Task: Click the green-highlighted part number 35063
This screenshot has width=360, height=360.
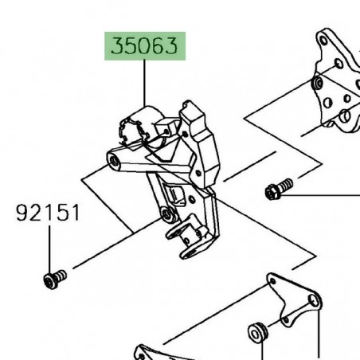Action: [x=144, y=48]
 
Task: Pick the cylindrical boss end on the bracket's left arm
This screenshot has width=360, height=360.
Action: [x=115, y=162]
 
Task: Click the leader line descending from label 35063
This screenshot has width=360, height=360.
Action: [x=144, y=84]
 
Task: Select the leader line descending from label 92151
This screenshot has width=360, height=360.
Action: [x=49, y=247]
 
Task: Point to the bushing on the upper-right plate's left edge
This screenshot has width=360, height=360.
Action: [x=318, y=84]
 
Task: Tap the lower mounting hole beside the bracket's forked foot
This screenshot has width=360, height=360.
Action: [x=166, y=214]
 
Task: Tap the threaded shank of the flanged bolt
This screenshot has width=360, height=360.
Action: [x=288, y=186]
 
